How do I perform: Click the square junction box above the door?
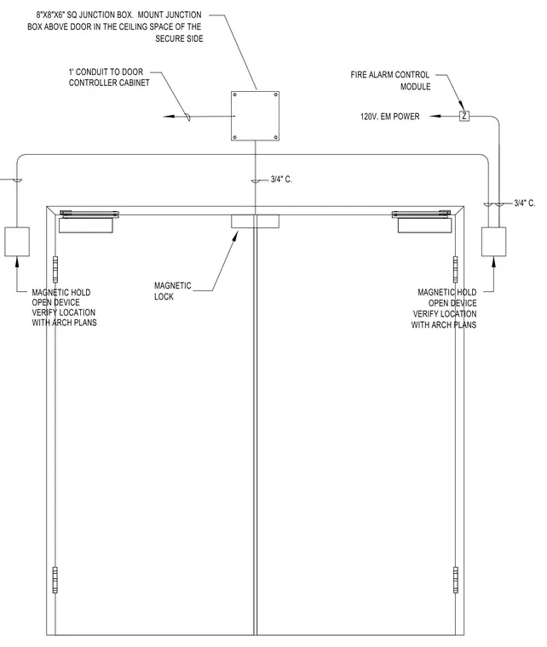[x=255, y=116]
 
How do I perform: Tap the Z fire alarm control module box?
[x=464, y=116]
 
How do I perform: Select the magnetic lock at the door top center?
[x=255, y=221]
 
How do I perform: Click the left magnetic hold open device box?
[x=17, y=242]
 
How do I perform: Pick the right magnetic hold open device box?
[x=493, y=242]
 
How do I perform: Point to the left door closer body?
[x=86, y=226]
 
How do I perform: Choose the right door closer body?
[x=425, y=226]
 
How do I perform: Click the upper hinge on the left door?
[x=55, y=269]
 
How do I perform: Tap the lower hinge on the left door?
[x=55, y=580]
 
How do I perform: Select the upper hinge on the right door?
[x=456, y=269]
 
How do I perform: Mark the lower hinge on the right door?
[x=456, y=580]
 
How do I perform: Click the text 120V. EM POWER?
[x=389, y=117]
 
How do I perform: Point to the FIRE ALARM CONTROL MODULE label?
[x=390, y=81]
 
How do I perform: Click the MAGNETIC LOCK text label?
[x=173, y=291]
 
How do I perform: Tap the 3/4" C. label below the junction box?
[x=281, y=179]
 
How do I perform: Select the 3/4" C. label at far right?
[x=525, y=203]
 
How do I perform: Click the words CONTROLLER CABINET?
[x=109, y=83]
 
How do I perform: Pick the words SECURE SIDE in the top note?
[x=179, y=38]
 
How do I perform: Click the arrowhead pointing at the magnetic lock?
[x=236, y=235]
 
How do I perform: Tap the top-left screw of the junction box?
[x=235, y=94]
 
